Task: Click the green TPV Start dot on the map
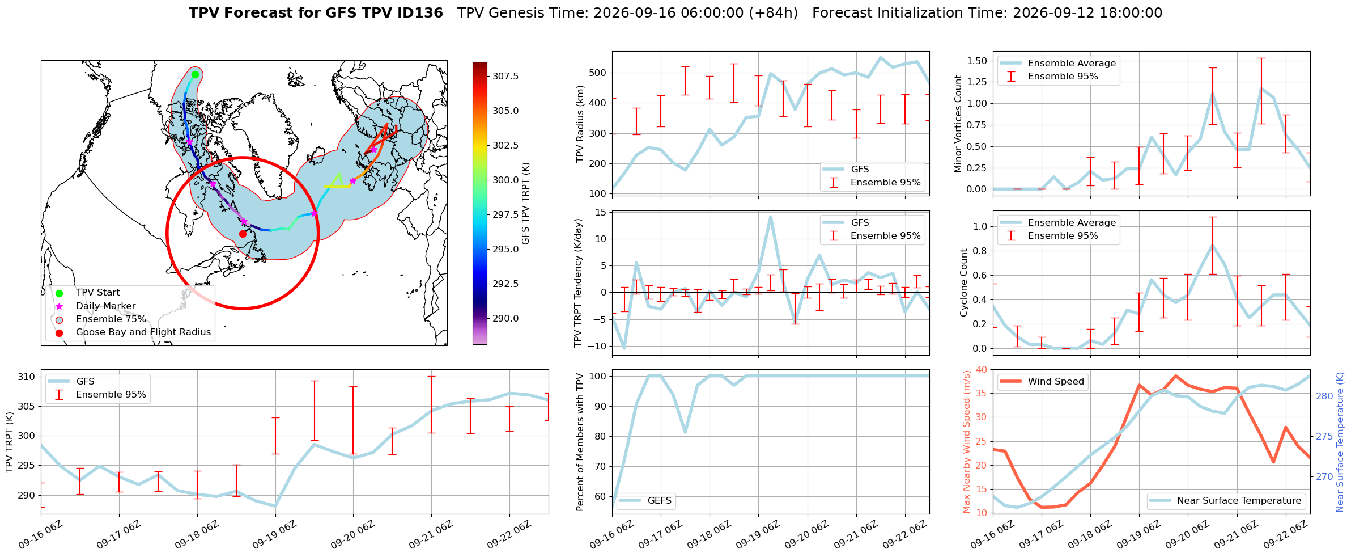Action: click(x=195, y=74)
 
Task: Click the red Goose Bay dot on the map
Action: click(x=243, y=234)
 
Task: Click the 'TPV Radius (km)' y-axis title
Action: click(x=580, y=124)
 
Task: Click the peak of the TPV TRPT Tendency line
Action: click(x=770, y=217)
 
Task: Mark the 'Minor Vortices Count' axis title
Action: click(x=958, y=124)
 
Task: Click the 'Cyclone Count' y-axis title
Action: click(x=964, y=282)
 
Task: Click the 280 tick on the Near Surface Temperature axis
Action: click(x=1324, y=396)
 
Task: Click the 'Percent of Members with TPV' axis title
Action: click(x=580, y=442)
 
